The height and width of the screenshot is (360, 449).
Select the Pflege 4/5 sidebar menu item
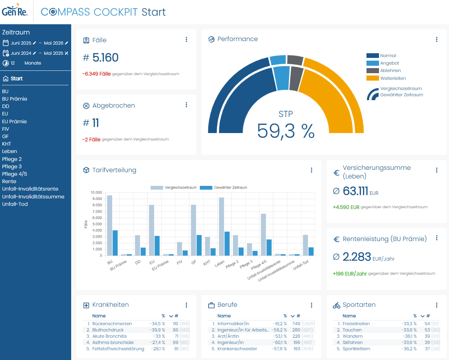point(14,174)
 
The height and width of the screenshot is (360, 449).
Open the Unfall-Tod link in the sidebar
point(15,204)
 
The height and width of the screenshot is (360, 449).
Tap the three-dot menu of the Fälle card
point(187,40)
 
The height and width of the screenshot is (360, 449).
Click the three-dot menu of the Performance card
point(437,40)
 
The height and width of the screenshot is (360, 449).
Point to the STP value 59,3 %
point(286,131)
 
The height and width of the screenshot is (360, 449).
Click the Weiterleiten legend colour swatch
point(373,78)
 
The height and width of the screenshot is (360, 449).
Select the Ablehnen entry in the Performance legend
point(390,70)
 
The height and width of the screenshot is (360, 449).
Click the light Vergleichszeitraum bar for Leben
point(221,227)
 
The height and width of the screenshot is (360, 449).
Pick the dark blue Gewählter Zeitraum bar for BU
point(115,243)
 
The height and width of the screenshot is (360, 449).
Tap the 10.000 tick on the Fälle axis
point(96,193)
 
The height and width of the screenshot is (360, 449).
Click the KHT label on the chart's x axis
point(207,263)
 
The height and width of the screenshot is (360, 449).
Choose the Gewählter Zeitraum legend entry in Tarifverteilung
point(223,187)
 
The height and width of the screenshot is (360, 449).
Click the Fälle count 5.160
point(105,58)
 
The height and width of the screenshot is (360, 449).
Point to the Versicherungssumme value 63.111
point(356,191)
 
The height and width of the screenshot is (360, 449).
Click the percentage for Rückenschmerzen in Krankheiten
point(157,324)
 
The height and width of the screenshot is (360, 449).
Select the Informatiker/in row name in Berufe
point(233,324)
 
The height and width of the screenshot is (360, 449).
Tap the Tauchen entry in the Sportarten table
point(352,330)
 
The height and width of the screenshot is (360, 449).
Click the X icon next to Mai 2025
point(66,53)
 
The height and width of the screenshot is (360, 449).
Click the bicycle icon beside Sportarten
point(336,305)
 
